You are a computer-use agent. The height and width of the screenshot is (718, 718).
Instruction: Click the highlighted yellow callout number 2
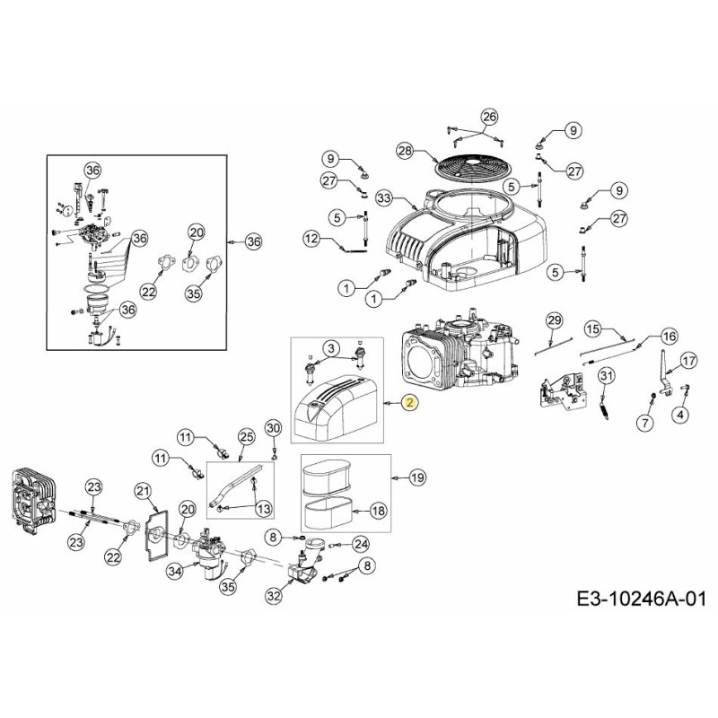pyautogui.click(x=409, y=403)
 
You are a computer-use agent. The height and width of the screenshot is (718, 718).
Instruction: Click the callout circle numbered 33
pyautogui.click(x=385, y=197)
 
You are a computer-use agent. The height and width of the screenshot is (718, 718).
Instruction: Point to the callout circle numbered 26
pyautogui.click(x=488, y=117)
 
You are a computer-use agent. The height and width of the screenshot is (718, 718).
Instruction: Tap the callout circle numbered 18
pyautogui.click(x=378, y=510)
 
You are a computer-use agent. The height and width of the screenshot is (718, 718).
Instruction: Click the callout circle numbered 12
pyautogui.click(x=311, y=239)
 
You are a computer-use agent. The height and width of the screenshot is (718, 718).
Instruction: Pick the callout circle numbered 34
pyautogui.click(x=175, y=568)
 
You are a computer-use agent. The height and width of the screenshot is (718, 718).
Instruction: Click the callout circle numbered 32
pyautogui.click(x=274, y=593)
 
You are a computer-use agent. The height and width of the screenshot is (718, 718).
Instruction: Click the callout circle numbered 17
pyautogui.click(x=687, y=361)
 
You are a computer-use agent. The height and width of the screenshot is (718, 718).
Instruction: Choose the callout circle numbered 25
pyautogui.click(x=247, y=436)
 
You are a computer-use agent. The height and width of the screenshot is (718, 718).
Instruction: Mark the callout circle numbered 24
pyautogui.click(x=360, y=543)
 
